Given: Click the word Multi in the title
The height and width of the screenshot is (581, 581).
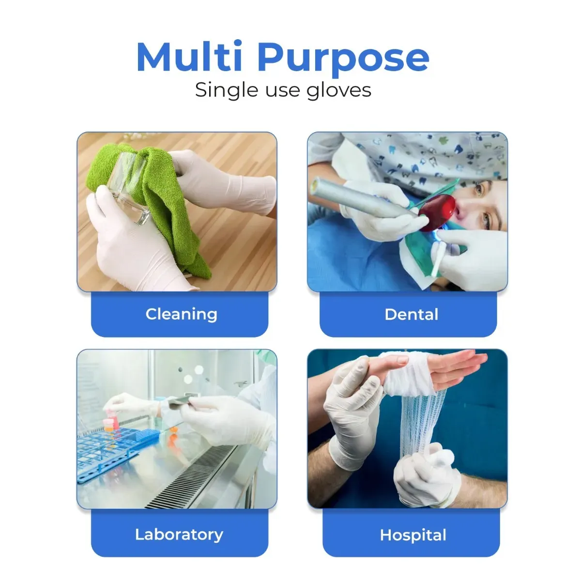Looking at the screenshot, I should click(189, 57).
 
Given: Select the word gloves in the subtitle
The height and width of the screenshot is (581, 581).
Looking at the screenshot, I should click(339, 90).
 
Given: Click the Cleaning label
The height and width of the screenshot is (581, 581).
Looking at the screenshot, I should click(181, 314).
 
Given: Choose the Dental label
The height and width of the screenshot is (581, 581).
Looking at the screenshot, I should click(411, 314).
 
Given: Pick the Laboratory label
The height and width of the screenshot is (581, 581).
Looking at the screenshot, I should click(179, 535).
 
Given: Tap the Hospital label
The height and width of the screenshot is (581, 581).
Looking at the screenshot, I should click(413, 535).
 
